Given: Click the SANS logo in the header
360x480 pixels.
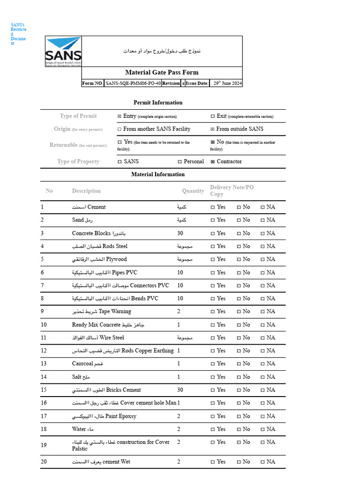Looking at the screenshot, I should coord(63,52).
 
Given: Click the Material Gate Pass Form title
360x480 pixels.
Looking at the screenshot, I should coord(162,72).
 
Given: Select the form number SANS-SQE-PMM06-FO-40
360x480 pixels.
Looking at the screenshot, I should coord(133,83).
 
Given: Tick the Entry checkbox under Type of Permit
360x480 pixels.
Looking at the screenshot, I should coord(120,116).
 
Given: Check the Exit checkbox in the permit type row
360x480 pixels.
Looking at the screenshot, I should coord(213,116).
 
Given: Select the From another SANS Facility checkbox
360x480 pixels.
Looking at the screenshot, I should coord(120,129).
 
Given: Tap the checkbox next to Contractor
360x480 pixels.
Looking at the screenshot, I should coord(213,162).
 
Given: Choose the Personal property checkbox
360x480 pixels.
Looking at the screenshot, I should coord(180,162).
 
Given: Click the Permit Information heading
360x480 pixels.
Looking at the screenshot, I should coord(158,103).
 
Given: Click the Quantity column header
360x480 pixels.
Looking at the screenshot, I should coord(193,191).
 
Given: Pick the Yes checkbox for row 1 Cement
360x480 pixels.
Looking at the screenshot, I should coord(213,207).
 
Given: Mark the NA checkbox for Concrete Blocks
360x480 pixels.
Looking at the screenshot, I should coord(262,233).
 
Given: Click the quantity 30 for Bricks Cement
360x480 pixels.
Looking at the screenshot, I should coord(180,390).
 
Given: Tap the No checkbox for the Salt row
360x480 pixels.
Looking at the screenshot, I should coord(239,377).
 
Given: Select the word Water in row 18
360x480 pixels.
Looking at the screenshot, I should coord(79,429).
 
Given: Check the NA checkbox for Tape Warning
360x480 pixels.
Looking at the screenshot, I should coord(262,312).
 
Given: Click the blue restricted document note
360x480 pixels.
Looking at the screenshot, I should coord(18,34).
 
